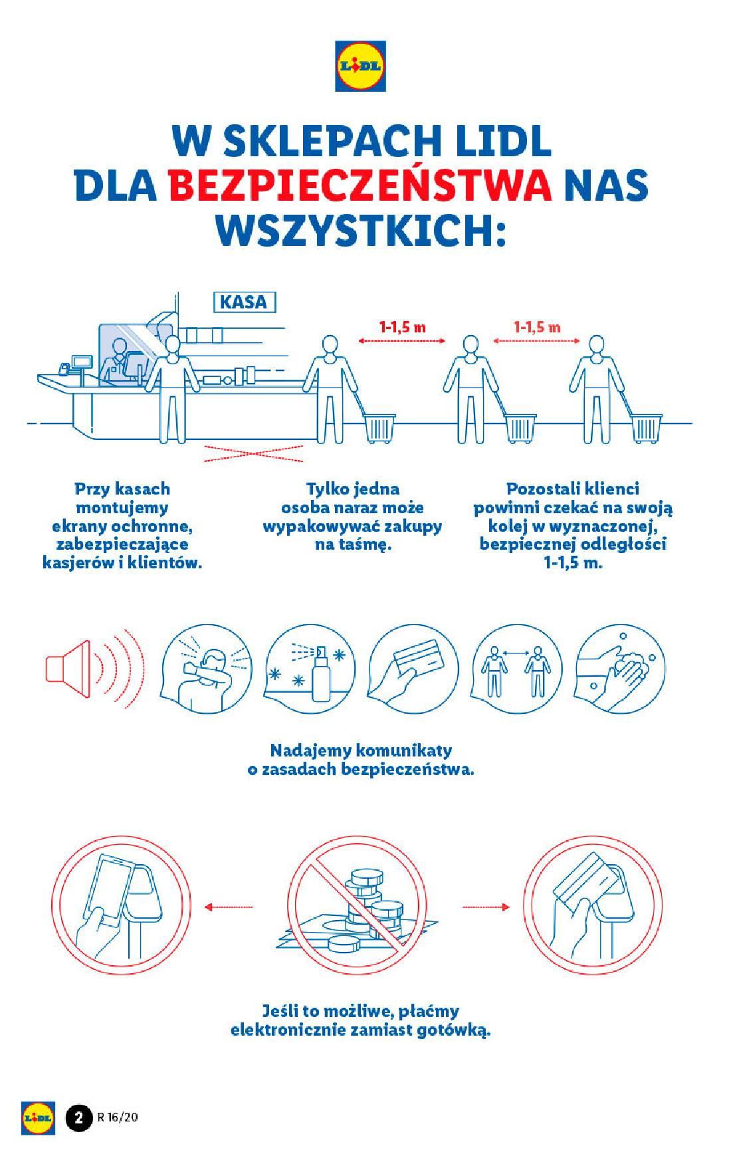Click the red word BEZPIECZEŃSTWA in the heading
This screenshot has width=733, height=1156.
pos(361,185)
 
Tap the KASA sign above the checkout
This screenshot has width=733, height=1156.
pos(243,302)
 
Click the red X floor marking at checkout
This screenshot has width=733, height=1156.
pos(253,455)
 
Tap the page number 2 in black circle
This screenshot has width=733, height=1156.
pos(78,1117)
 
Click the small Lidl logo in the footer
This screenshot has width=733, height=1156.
pos(37,1117)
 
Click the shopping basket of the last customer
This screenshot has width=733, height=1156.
pos(647,428)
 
